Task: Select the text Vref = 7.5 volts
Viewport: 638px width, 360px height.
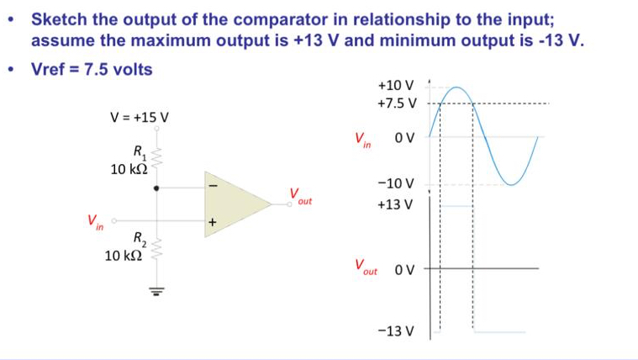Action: [x=92, y=69]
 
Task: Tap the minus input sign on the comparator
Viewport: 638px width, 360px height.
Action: [x=213, y=183]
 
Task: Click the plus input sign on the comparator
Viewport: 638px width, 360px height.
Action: [x=213, y=223]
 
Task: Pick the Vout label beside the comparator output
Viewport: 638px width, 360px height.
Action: [x=300, y=197]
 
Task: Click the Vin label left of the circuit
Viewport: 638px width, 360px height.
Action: [x=94, y=222]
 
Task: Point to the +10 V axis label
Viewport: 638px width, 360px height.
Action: [x=396, y=86]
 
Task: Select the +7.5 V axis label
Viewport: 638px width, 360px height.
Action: [x=396, y=103]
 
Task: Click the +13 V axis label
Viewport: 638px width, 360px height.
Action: [x=396, y=204]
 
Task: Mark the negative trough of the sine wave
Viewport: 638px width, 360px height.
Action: [x=513, y=183]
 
